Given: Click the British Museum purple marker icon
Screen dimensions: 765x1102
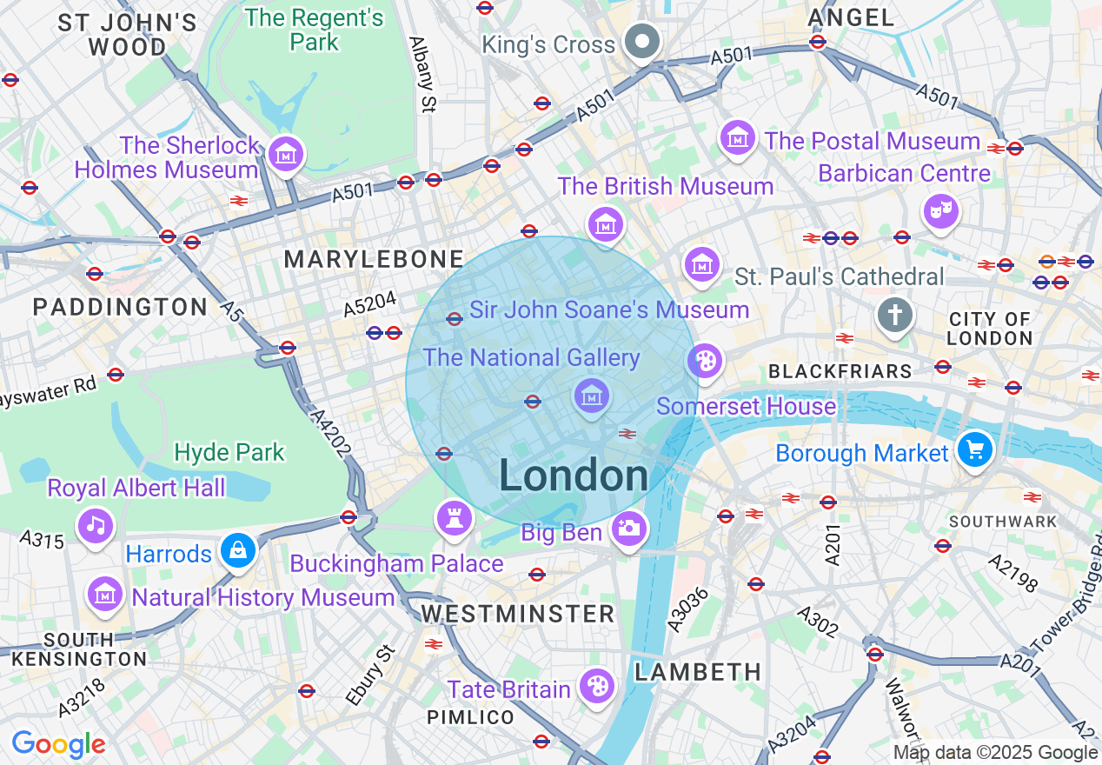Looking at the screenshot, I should (606, 224).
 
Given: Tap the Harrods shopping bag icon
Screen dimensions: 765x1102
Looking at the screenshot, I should (237, 550).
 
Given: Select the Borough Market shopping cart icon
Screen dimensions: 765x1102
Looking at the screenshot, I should (974, 450).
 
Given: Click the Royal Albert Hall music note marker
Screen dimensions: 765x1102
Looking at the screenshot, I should (96, 525).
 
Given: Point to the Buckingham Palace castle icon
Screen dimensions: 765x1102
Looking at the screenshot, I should (454, 518).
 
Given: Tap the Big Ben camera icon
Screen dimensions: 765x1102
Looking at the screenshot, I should (628, 528).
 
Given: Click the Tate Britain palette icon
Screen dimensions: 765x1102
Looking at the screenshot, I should (597, 686).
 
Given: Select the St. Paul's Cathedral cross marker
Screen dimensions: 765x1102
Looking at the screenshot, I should (894, 315).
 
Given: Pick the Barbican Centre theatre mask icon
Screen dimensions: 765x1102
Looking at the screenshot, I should (940, 211).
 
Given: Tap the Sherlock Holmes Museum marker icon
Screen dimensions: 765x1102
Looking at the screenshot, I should (286, 154).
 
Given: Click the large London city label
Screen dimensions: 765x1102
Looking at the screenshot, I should (574, 476).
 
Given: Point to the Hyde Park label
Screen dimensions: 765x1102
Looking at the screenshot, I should (229, 452).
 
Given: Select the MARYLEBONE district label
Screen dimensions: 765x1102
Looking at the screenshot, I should (374, 259).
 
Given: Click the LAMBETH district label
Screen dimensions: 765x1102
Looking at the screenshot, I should (698, 672).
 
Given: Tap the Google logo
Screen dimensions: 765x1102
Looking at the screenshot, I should (58, 744).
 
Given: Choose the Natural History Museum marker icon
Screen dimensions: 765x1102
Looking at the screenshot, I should (105, 595).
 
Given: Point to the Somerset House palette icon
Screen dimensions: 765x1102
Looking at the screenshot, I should (705, 361).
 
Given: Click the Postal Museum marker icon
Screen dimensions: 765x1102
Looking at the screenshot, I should (738, 137).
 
